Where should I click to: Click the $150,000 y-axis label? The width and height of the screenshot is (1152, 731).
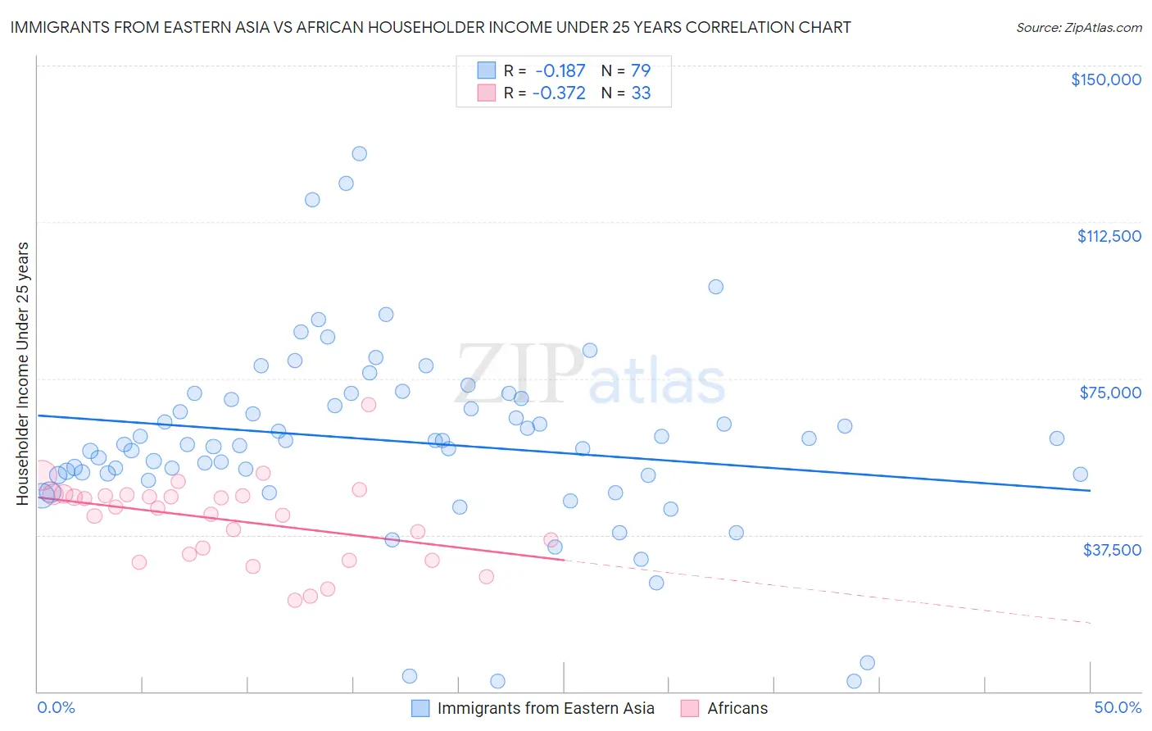[1105, 79]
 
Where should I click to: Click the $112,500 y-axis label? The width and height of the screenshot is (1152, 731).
[1109, 236]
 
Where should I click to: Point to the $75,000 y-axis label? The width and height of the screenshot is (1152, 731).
[1110, 393]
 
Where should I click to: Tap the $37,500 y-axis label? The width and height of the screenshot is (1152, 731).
[1112, 550]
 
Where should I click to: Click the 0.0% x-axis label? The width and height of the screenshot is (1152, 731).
[57, 708]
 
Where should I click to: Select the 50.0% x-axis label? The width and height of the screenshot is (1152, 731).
[1118, 708]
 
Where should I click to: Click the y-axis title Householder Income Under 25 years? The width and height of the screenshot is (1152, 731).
[23, 373]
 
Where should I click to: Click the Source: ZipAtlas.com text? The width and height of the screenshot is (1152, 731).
[1079, 28]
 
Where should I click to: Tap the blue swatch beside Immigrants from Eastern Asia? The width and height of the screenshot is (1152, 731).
[420, 708]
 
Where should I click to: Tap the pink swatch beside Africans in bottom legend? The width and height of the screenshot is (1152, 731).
[690, 708]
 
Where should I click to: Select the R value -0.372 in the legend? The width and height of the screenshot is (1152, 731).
[559, 93]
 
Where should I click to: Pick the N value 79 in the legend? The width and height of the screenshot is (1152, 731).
[641, 70]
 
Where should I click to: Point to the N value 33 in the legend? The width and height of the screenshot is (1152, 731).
[641, 93]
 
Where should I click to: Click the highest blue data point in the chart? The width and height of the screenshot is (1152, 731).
[359, 153]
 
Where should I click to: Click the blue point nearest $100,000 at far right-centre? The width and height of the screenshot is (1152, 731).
[715, 287]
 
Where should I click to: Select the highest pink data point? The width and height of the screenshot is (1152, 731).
[368, 404]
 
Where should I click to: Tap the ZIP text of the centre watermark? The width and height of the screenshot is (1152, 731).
[518, 375]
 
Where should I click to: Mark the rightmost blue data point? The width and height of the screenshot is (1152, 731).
[1080, 474]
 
